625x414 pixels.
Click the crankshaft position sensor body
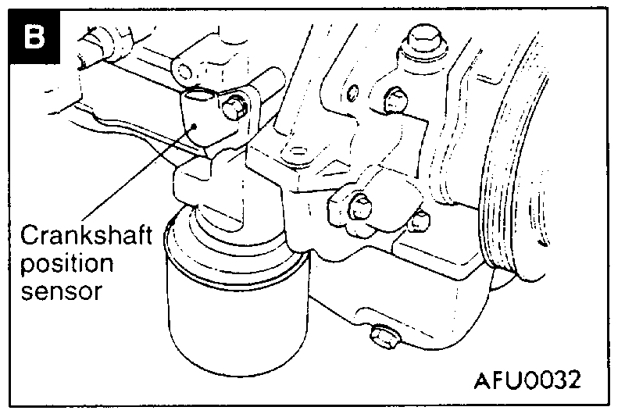click(x=205, y=121)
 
